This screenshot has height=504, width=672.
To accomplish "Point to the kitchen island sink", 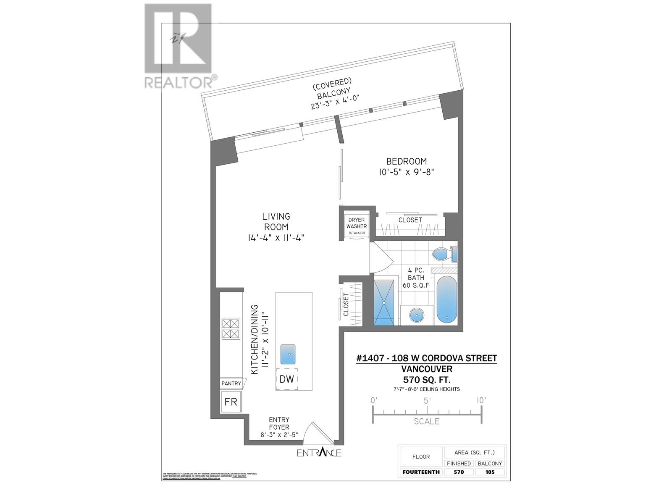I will coord(288,354).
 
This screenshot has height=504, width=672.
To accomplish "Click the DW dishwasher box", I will coord(286,379).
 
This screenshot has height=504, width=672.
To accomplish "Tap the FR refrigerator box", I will coord(231,402).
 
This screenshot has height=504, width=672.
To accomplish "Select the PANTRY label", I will coord(231,383).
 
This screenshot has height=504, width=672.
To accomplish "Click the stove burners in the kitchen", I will coord(231,328).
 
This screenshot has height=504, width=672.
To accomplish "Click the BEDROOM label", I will coord(406,161).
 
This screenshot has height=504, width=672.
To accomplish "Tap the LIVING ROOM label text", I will coord(276,222).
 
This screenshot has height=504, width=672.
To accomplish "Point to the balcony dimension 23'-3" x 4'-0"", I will coord(336,102).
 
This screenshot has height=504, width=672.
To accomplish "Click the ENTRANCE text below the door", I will coord(319,453).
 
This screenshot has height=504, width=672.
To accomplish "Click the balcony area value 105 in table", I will coord(489,472).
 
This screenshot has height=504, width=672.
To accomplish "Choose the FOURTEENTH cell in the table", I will coord(421,472).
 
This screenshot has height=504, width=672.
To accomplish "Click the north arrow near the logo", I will coord(176,38).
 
